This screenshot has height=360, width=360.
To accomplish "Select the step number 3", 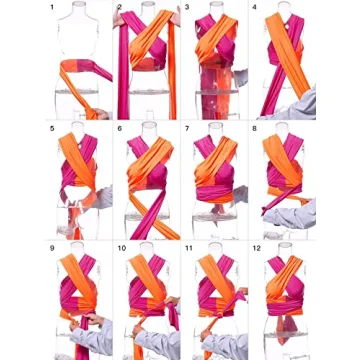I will pos(187,7).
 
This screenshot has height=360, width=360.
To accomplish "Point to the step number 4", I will pos(254,7).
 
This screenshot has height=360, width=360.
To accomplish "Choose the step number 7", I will pos(187,128).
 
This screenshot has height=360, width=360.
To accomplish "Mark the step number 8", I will pos(254,128).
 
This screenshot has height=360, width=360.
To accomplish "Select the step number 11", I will pos(189,246).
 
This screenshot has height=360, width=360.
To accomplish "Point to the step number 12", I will pos(257,246).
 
